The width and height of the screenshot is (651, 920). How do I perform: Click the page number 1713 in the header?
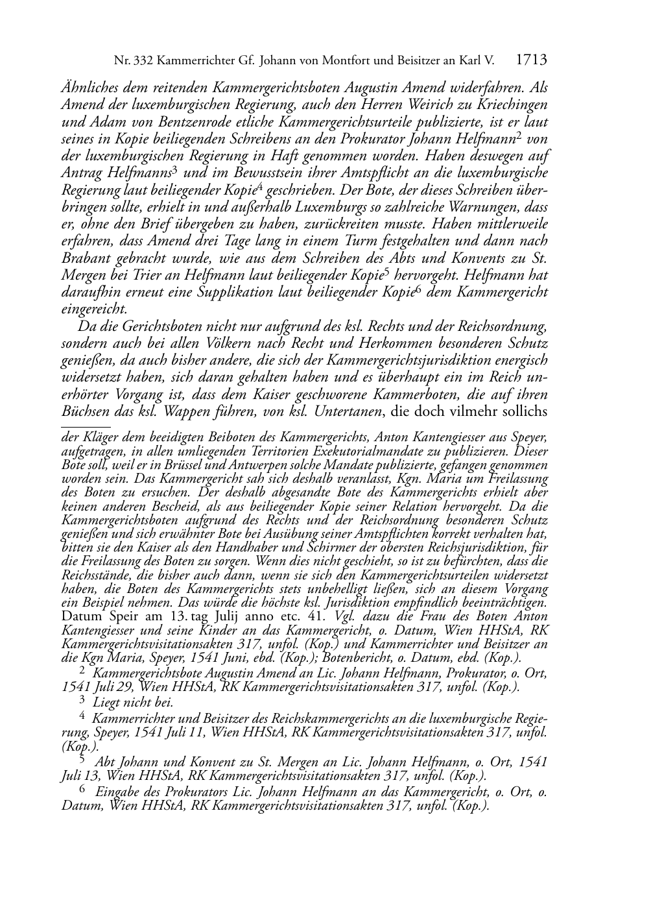pyautogui.click(x=532, y=61)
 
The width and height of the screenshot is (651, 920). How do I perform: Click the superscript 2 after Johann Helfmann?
pyautogui.click(x=519, y=136)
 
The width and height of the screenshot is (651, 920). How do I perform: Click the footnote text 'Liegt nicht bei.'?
pyautogui.click(x=133, y=702)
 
